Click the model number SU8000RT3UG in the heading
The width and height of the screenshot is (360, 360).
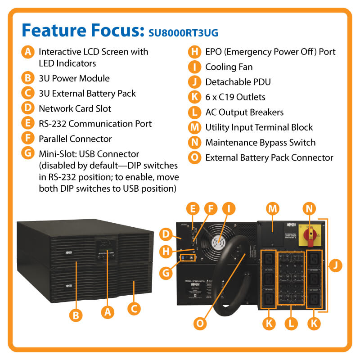coord(184,32)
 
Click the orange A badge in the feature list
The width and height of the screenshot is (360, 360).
coord(28,52)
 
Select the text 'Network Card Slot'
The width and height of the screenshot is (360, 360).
coord(75,108)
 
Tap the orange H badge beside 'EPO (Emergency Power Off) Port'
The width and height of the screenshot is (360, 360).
coord(194,52)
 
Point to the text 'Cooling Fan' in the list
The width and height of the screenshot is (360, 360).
coord(229,67)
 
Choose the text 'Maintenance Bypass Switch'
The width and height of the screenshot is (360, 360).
coord(261,143)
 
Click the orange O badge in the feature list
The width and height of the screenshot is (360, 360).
coord(194,158)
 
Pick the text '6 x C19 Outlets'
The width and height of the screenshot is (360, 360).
coord(235,97)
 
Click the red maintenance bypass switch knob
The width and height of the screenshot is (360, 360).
coord(310,233)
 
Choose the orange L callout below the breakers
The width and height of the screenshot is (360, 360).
coord(291,323)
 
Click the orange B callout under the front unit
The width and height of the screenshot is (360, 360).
coord(76,315)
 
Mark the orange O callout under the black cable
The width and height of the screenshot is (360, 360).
coord(201,323)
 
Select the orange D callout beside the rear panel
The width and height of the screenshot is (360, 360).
coord(166,234)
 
